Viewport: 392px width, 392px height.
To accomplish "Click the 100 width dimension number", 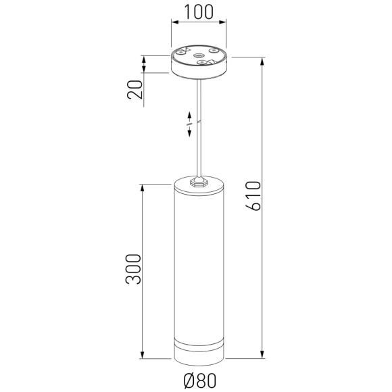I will click(x=198, y=12).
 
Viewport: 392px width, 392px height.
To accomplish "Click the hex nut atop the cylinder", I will click(x=199, y=180).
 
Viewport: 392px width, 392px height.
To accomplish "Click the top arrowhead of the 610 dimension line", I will click(x=262, y=59).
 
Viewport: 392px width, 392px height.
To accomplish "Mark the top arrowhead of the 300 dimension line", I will click(x=143, y=186).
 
